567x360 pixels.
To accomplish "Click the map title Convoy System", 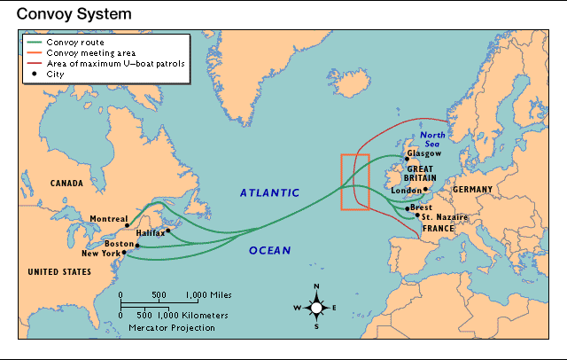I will coord(62,14).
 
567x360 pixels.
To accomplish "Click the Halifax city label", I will coord(150,233).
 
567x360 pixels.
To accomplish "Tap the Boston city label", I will coord(118,244).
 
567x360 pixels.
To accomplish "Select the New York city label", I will coord(100,254).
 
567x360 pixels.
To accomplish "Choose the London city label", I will coord(405,190).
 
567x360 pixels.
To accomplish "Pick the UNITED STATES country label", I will coord(60,271).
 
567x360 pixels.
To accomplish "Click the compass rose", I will coord(316,308).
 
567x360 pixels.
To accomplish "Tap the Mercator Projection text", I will coord(171,327).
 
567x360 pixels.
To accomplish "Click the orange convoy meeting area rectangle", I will coord(355,182).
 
